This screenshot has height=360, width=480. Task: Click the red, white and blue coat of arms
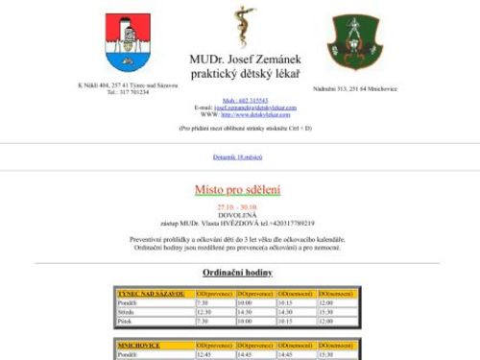(x=126, y=42)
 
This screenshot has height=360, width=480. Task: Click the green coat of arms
(x=354, y=42)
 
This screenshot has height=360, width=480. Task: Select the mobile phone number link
(x=240, y=100)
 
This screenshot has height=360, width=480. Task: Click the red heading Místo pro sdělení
(x=240, y=191)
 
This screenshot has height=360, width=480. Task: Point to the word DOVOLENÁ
(x=240, y=214)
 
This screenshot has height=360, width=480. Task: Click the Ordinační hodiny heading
(x=240, y=274)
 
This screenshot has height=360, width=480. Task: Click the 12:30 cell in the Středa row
(x=204, y=311)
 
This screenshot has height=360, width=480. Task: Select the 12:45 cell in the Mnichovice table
(x=204, y=353)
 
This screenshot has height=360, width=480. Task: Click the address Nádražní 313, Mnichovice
(x=355, y=88)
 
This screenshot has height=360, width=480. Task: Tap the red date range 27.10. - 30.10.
(x=240, y=206)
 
